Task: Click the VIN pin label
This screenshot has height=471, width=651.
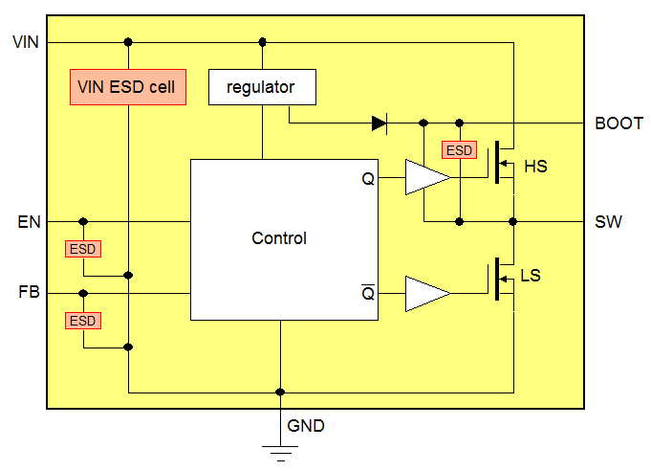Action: point(25,42)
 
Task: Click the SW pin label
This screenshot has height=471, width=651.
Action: point(608,222)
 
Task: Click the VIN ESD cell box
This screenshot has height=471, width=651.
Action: point(128,87)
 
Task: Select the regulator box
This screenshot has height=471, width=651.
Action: point(261,87)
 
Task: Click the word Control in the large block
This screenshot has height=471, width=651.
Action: point(279,238)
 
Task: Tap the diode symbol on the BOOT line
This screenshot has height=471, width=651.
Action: point(380,123)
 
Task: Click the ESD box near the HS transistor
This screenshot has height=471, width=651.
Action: point(459,150)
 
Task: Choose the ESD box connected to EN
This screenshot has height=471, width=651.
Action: point(83,249)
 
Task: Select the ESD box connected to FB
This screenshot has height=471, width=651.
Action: point(83,321)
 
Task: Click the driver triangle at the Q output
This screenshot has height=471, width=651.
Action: point(425,178)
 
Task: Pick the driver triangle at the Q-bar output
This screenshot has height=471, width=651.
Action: point(425,293)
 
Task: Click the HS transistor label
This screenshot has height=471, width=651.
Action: point(535,167)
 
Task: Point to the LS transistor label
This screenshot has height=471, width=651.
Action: point(531,276)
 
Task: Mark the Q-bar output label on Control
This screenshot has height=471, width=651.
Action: point(368,292)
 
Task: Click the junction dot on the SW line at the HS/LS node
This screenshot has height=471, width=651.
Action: point(513,221)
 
